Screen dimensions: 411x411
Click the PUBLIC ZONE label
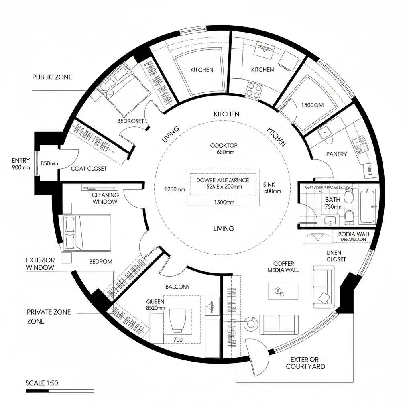(52, 77)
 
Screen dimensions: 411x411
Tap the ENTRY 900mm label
(20, 164)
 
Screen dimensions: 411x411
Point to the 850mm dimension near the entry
(49, 163)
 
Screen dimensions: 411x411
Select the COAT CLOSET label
(89, 169)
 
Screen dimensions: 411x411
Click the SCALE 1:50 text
(42, 383)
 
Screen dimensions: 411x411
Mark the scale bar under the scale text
(59, 391)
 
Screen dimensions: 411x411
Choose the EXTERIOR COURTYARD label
(305, 363)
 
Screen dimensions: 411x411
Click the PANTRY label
(336, 154)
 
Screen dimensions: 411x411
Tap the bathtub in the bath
(368, 207)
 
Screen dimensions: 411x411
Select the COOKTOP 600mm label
(224, 149)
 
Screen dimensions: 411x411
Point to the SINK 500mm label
(272, 188)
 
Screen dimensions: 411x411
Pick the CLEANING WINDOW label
(105, 198)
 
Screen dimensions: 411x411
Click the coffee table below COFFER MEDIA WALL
(283, 291)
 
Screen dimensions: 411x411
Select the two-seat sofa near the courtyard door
(279, 324)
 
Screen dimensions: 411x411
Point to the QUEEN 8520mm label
(155, 305)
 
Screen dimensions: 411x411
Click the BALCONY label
(177, 287)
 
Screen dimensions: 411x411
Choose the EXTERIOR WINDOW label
(40, 264)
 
